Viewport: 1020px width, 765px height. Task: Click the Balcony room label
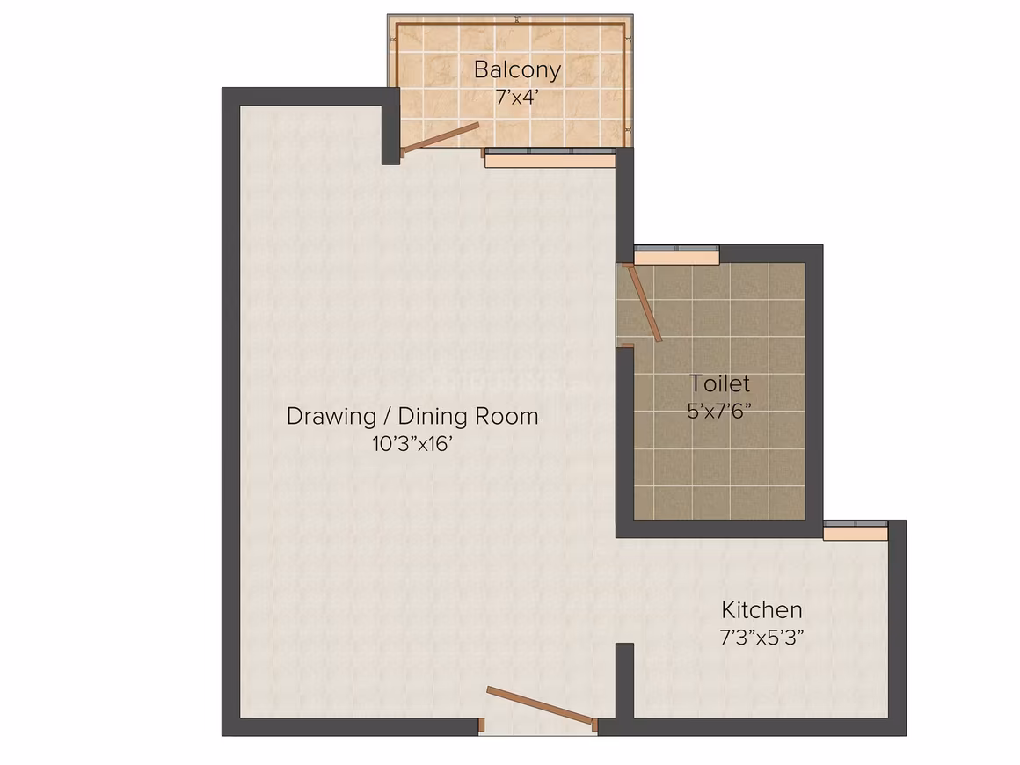[x=517, y=69]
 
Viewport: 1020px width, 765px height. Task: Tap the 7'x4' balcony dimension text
[x=517, y=98]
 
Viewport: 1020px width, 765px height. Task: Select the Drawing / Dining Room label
[x=412, y=416]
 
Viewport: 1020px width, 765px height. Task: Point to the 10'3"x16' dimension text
[x=412, y=444]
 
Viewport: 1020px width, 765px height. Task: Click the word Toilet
[x=719, y=383]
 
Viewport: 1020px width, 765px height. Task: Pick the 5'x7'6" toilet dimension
[x=719, y=412]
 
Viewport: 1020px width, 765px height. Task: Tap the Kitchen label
[x=761, y=610]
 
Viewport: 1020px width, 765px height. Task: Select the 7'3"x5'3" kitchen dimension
[x=761, y=637]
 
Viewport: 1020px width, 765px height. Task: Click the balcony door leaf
[x=441, y=139]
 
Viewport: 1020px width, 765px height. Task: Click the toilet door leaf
[x=643, y=302]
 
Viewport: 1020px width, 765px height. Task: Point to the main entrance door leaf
[x=542, y=706]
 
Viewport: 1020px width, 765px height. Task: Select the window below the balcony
[x=550, y=157]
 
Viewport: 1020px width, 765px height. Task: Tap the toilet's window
[x=676, y=255]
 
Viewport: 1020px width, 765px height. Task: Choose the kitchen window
[x=856, y=530]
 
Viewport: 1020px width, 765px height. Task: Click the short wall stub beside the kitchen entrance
[x=624, y=681]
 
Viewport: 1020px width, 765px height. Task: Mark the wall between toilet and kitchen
[x=718, y=528]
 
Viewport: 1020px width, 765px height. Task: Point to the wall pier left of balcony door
[x=390, y=127]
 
